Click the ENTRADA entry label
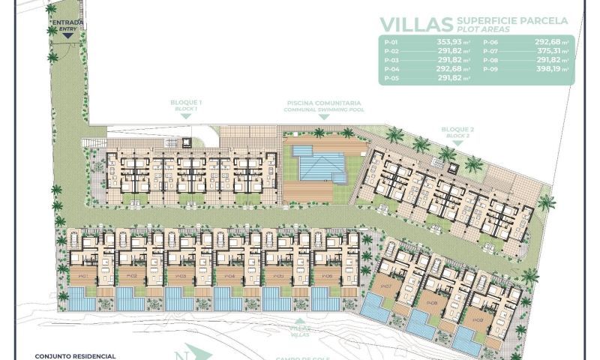(67, 23)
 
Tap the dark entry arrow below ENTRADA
(67, 34)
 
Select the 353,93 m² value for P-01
(449, 43)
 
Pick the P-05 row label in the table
(391, 78)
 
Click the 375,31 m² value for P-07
(553, 52)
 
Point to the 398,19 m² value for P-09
(553, 70)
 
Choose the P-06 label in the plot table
(490, 43)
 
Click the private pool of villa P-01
(82, 300)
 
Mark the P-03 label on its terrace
(180, 275)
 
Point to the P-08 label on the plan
(432, 303)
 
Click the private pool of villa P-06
(325, 300)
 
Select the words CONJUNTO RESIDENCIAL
(75, 355)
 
